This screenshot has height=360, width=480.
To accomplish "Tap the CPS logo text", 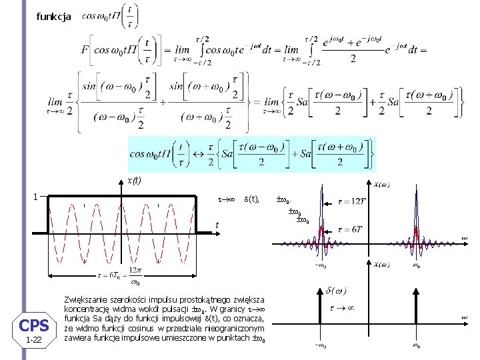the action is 34,325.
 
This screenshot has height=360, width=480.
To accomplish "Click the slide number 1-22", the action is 33,341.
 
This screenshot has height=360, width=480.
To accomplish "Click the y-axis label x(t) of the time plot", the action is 134,180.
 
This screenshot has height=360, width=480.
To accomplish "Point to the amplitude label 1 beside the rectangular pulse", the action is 35,196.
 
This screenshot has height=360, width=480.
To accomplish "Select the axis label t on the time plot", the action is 217,225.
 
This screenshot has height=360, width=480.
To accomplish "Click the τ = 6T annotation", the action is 350,229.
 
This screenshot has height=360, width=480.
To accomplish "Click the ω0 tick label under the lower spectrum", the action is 416,345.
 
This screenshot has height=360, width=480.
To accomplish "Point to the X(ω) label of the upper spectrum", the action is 382,185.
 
